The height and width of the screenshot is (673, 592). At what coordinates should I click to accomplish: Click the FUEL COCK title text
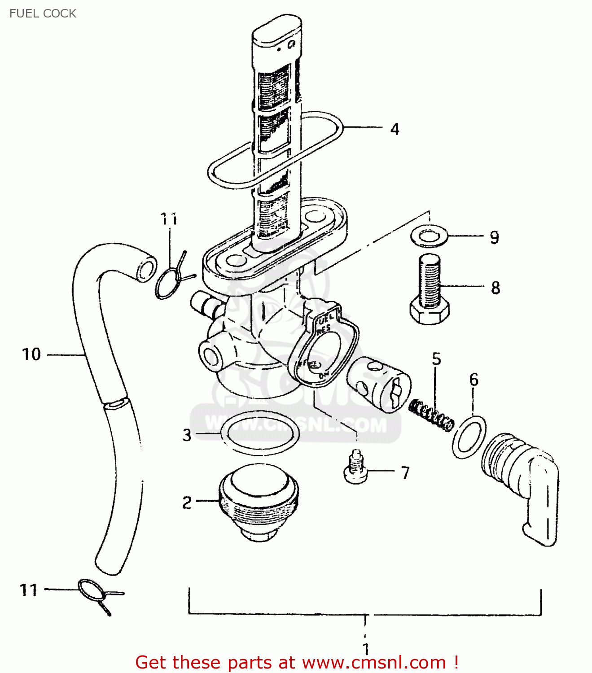coord(43,13)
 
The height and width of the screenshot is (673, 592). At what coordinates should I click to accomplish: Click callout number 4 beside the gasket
coord(395,129)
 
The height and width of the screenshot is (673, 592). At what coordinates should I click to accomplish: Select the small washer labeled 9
coord(429,236)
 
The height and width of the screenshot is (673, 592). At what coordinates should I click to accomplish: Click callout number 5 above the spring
coord(436,359)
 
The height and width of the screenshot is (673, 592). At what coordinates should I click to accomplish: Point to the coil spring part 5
coord(431,415)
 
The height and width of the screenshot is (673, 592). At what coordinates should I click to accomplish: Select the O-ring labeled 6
coord(469,437)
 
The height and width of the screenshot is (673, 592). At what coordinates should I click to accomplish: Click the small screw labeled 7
coord(355,469)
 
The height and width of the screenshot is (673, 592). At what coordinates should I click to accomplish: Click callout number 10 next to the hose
coord(31,354)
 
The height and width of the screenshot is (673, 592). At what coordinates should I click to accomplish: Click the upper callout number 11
coord(169,219)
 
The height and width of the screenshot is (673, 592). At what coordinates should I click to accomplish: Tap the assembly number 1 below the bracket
coord(366,649)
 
